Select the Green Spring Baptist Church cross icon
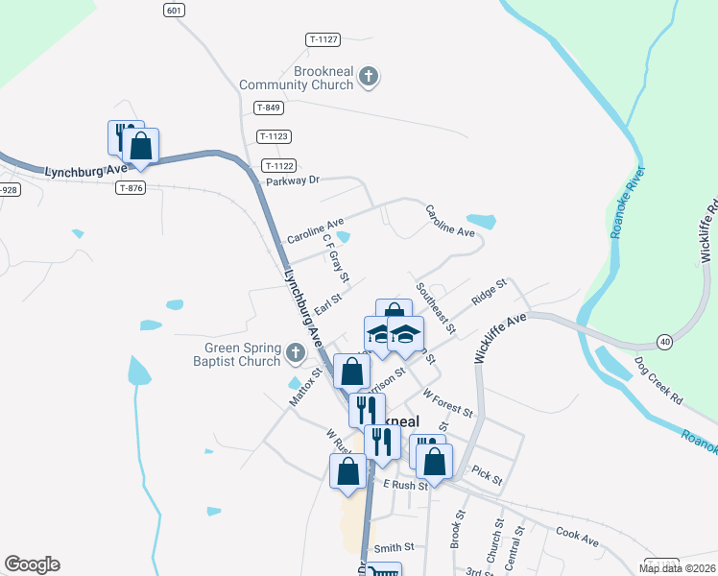coord(295,353)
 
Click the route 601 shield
coord(173,11)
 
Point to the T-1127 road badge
coord(324,39)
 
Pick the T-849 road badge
coord(268,108)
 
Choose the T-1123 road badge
coord(274,136)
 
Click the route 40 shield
coord(663,342)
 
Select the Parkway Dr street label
coord(292,180)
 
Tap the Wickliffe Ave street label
coord(502,335)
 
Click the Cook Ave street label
coord(577,536)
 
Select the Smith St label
coord(394,546)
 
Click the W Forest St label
coord(447,403)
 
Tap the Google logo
coord(32,564)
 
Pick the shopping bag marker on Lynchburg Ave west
coord(141,147)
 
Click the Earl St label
coord(328,303)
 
